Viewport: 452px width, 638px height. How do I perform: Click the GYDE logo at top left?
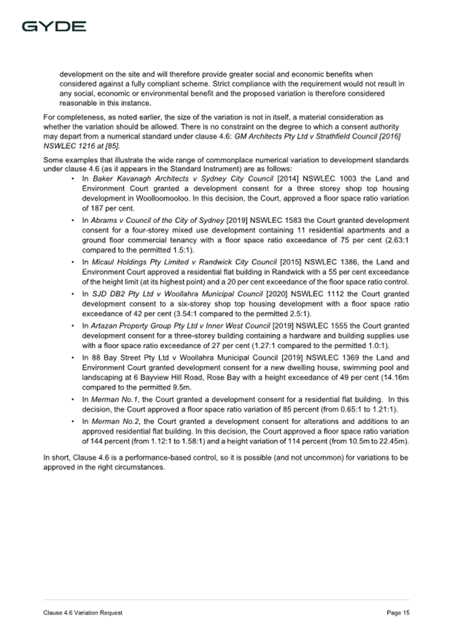pos(54,27)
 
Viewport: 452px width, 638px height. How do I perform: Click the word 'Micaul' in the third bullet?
pos(104,262)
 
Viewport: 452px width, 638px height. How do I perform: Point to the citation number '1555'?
pos(319,326)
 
